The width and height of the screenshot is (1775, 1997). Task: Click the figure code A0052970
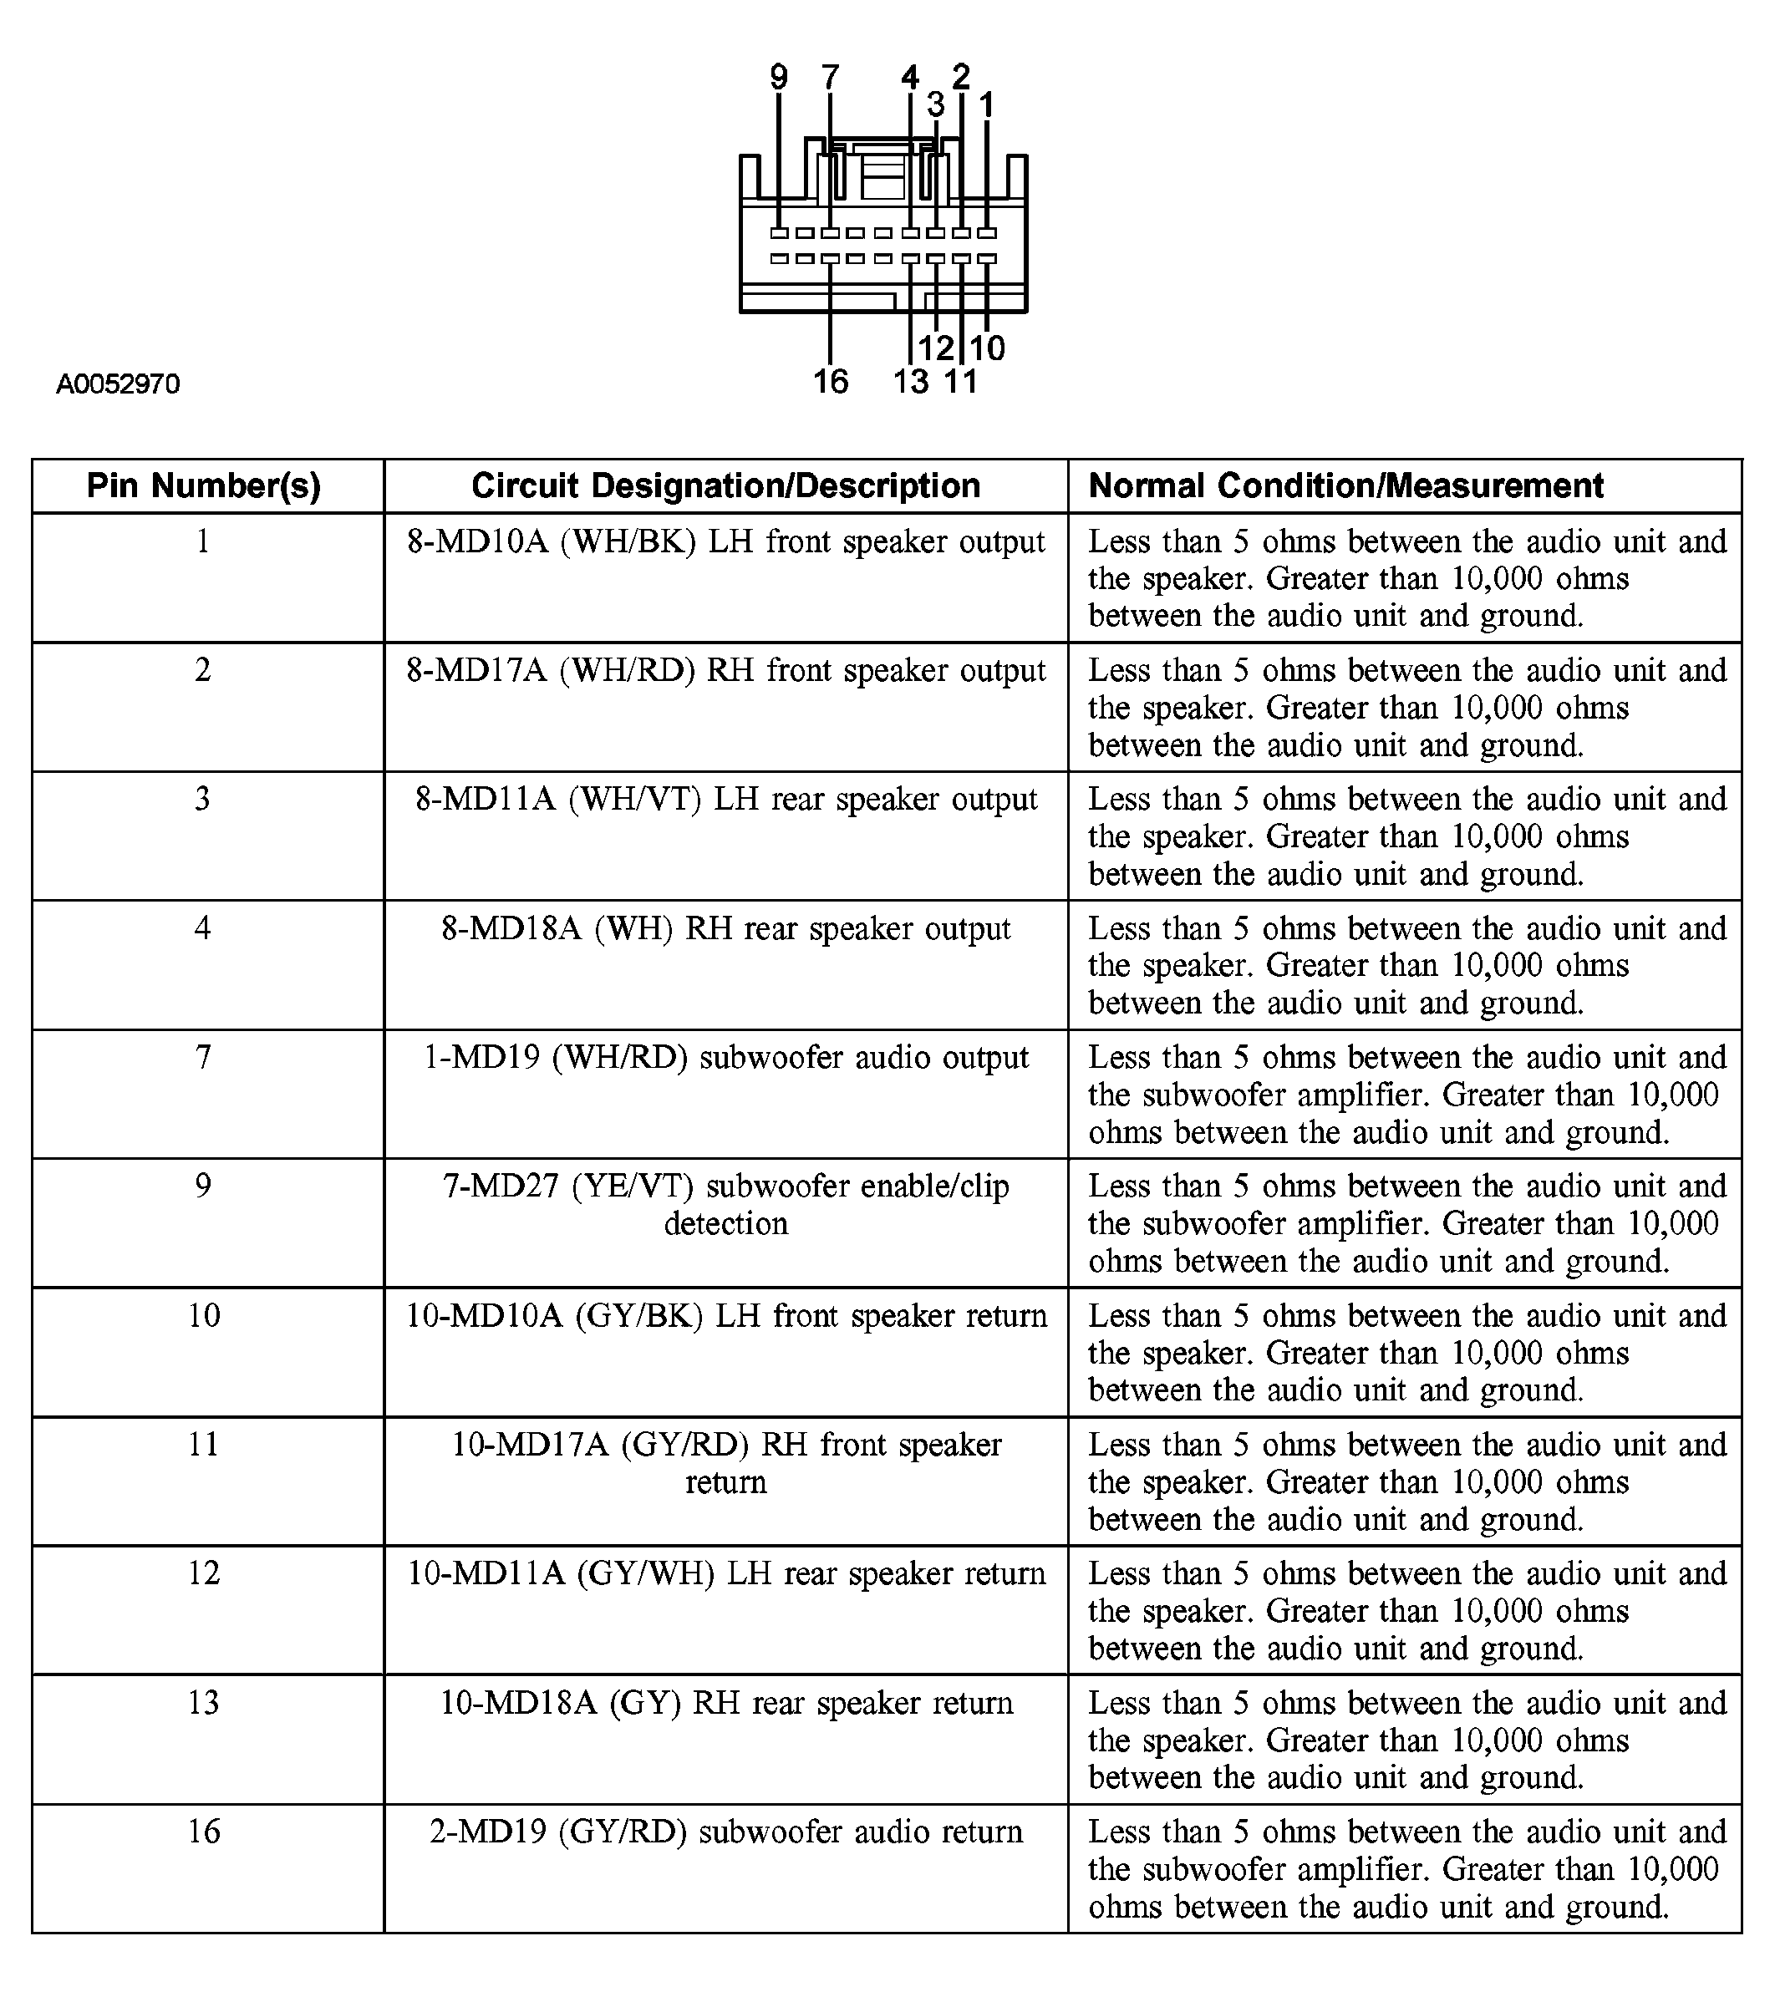[117, 384]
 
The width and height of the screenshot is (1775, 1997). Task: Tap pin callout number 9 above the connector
[779, 77]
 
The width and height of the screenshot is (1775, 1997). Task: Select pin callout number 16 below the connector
[831, 381]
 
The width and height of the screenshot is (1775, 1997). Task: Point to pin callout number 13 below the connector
[910, 381]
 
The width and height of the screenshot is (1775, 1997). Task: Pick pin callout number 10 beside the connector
[987, 348]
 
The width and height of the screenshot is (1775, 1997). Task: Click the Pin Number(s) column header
[203, 485]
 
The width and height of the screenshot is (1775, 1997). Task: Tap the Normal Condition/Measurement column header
[1345, 485]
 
